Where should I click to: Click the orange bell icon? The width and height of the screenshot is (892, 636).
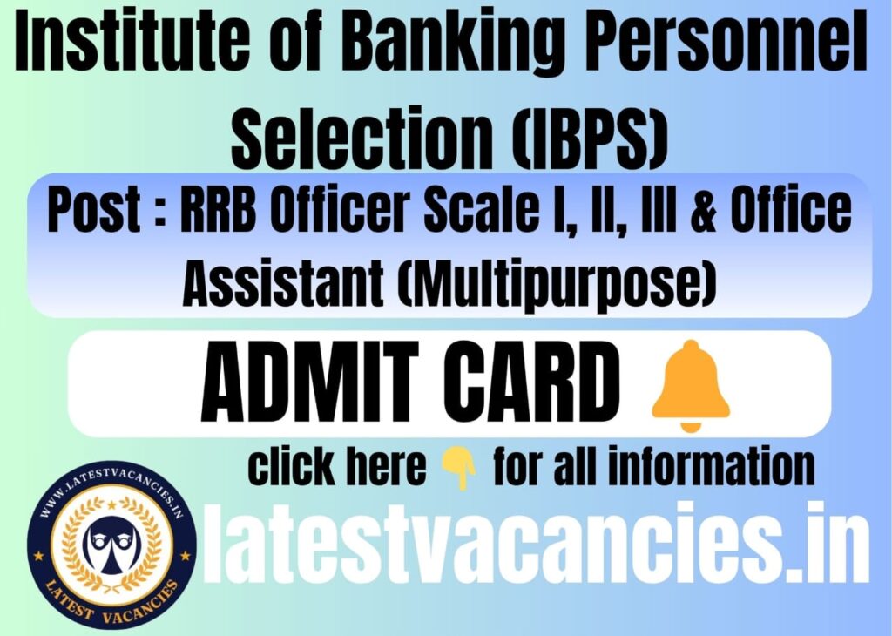[691, 385]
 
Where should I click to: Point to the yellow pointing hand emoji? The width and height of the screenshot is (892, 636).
[458, 470]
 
